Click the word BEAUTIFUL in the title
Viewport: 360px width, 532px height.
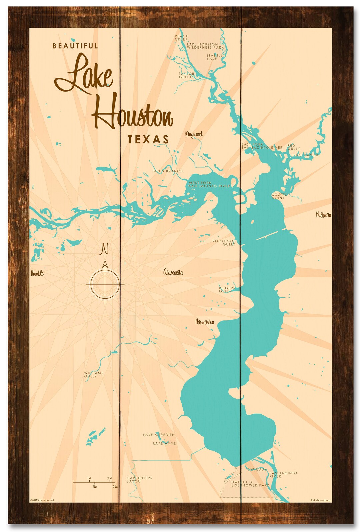coord(75,46)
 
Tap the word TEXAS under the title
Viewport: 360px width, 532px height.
coord(148,139)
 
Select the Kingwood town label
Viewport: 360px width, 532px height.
coord(194,134)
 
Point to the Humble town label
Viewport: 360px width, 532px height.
coord(37,273)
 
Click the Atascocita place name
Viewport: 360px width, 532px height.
coord(173,273)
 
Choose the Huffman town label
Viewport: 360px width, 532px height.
coord(323,215)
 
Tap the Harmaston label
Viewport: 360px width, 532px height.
coord(205,322)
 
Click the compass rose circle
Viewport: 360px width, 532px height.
coord(105,284)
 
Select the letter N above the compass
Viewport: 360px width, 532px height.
coord(105,249)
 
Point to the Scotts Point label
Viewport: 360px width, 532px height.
coord(279,196)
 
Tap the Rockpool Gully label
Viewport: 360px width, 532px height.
coord(224,242)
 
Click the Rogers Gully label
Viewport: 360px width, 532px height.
coord(227,289)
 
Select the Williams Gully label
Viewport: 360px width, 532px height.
coord(93,374)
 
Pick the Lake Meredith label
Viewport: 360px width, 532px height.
coord(159,435)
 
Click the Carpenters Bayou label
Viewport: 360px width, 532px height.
coord(139,479)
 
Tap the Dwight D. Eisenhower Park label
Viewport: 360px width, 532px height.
coord(250,484)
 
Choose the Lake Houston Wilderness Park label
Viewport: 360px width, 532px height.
coord(205,46)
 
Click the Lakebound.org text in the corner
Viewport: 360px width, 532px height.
coord(321,500)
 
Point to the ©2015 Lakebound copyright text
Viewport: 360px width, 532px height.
coord(42,500)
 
